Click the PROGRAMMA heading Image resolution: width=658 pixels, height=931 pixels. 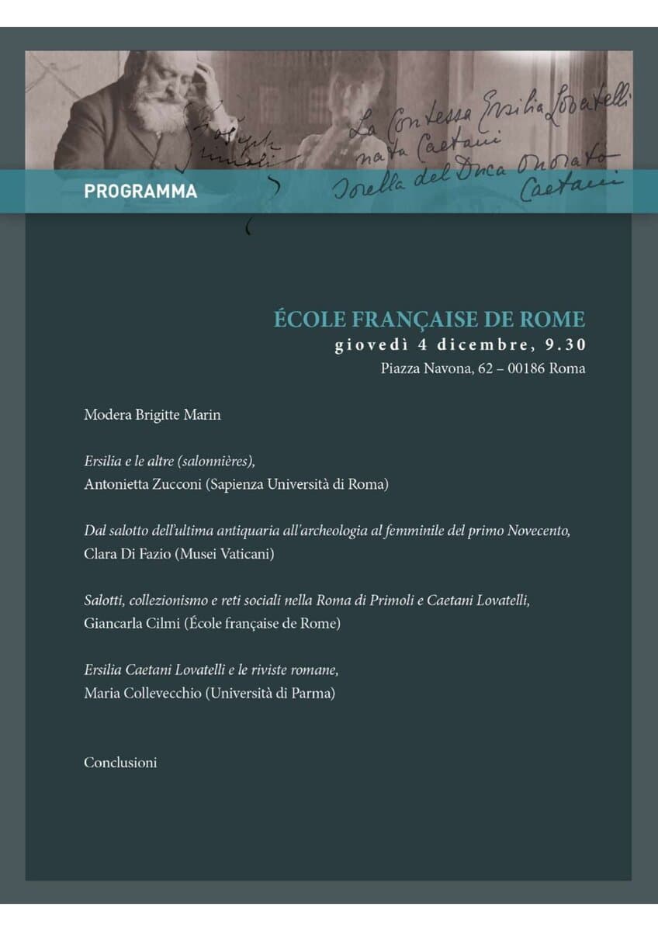(x=140, y=191)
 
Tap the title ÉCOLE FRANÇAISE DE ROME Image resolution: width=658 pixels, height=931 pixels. (x=429, y=320)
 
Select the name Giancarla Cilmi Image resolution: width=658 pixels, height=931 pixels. (x=131, y=624)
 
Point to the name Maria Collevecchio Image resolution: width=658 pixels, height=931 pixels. (x=142, y=694)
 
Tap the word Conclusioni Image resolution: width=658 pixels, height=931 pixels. (x=120, y=763)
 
